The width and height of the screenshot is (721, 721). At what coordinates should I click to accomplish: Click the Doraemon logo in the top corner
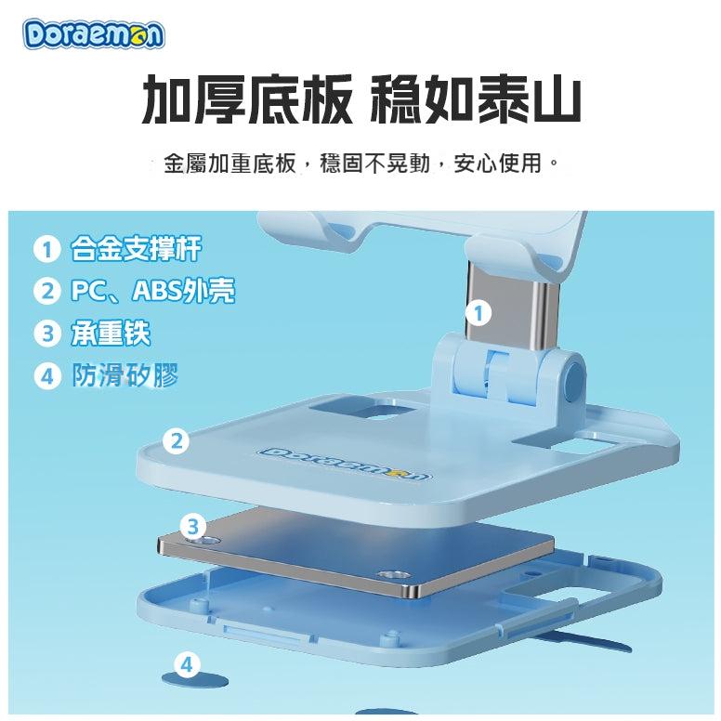[x=93, y=34]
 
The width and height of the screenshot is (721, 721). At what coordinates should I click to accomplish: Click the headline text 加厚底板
[x=247, y=98]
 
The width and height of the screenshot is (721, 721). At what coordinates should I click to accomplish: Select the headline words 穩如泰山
[x=475, y=98]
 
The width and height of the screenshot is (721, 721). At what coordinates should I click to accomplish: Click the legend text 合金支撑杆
[x=136, y=249]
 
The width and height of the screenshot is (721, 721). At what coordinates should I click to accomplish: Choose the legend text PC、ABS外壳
[x=152, y=291]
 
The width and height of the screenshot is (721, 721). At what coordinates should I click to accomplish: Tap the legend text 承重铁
[x=111, y=333]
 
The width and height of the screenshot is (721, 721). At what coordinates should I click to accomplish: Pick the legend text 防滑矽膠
[x=125, y=374]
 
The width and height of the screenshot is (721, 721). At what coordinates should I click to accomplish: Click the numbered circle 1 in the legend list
[x=46, y=249]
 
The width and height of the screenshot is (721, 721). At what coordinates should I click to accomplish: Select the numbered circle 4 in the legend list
[x=47, y=375]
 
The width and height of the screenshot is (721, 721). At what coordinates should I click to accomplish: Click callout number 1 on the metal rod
[x=478, y=314]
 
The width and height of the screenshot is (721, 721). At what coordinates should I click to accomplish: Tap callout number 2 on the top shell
[x=177, y=441]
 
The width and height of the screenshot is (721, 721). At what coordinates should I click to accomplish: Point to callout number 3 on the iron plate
[x=193, y=527]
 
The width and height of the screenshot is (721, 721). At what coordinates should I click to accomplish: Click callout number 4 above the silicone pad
[x=187, y=665]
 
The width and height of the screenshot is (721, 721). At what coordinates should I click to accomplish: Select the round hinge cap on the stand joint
[x=574, y=378]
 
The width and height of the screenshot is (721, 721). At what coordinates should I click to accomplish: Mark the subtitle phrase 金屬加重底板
[x=229, y=164]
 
